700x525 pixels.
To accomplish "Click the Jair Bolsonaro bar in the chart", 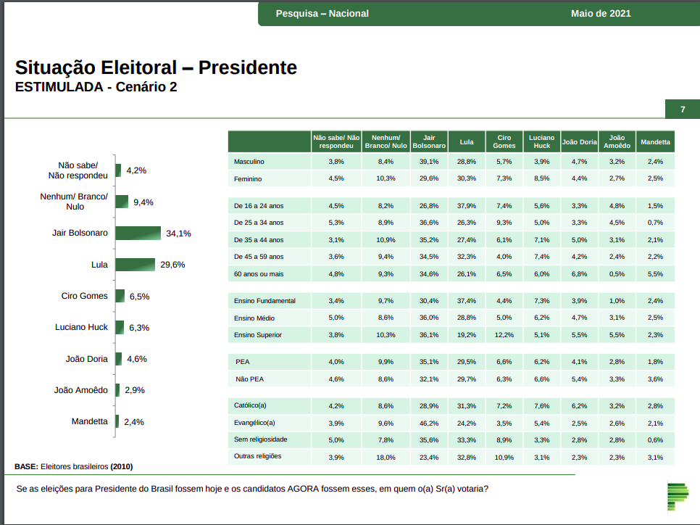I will tap(138, 233).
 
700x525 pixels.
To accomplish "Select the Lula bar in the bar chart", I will tap(135, 265).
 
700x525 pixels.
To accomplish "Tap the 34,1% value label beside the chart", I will tap(178, 233).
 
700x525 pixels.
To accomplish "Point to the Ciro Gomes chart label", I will tap(84, 296).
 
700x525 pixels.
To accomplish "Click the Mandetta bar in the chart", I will tap(117, 421).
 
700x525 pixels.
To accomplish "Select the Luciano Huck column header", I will tap(541, 141).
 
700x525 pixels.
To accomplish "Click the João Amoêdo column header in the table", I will tap(617, 141).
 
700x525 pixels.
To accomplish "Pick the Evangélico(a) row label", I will tap(254, 423).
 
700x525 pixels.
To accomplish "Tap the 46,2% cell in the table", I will tap(429, 423).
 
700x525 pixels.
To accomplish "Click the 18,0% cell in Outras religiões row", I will tap(386, 458).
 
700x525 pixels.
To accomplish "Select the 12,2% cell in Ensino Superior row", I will tap(504, 335).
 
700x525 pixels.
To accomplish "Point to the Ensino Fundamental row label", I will tap(264, 300).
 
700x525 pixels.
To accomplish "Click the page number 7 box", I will tap(682, 109).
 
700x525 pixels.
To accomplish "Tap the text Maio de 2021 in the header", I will tap(601, 14).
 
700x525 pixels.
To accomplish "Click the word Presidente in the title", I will tap(248, 67).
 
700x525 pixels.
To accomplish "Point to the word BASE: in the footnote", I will tap(27, 466).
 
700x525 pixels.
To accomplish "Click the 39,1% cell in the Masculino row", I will tap(429, 161).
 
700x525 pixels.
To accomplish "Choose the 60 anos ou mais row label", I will tap(259, 273).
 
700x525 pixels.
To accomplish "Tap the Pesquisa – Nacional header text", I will tap(322, 14).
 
